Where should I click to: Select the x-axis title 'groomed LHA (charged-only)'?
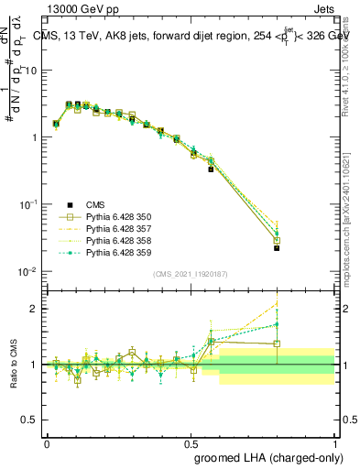(268, 455)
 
